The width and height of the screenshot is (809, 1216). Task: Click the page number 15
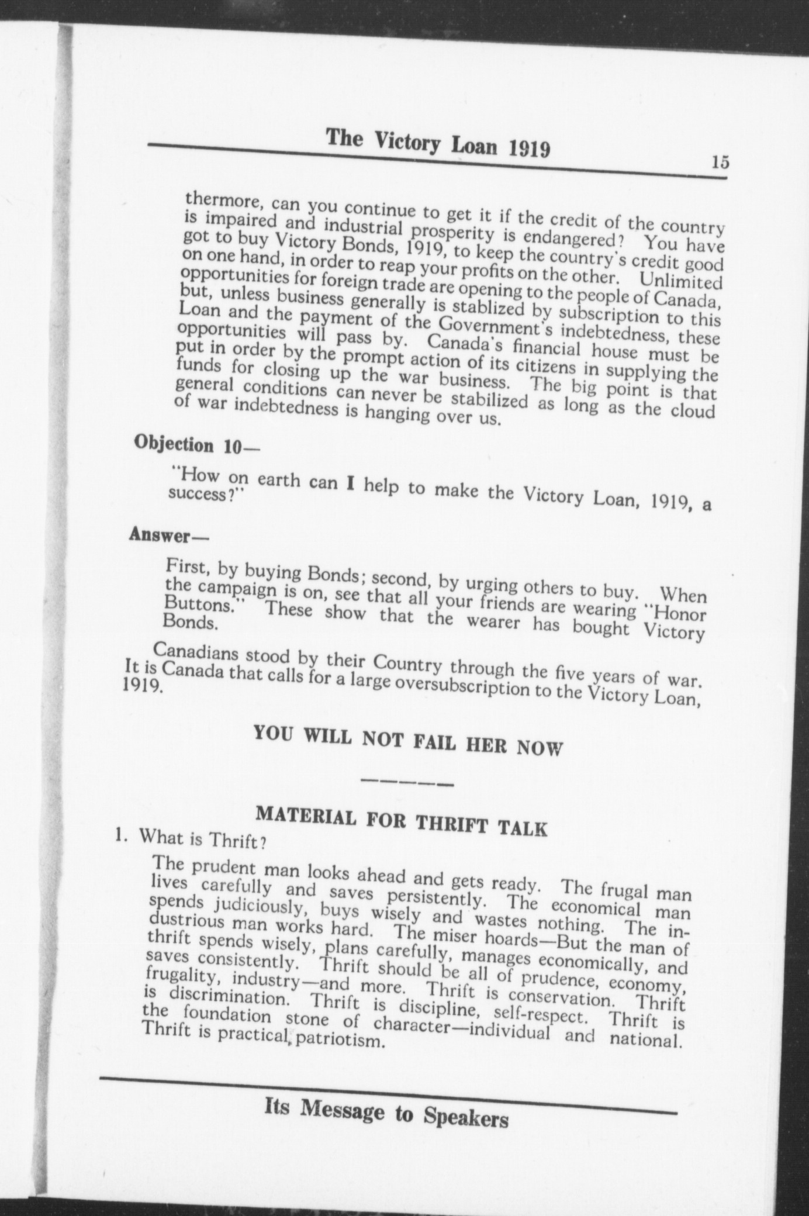click(720, 162)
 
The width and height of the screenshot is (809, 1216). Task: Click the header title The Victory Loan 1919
click(438, 143)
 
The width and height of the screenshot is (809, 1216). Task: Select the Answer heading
click(168, 534)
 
